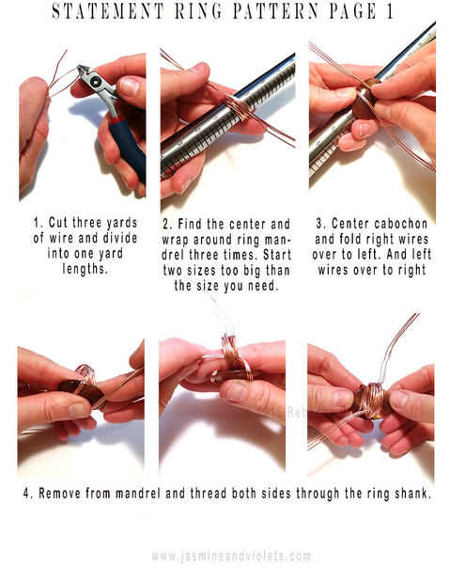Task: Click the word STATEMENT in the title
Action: coord(107,11)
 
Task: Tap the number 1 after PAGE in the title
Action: coord(389,11)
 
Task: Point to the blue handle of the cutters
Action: coord(128,147)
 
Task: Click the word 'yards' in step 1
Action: coord(122,223)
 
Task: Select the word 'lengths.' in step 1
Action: coord(85,268)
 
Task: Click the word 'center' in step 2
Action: coord(247,224)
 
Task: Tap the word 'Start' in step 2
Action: coord(277,255)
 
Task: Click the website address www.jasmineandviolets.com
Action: coord(231,557)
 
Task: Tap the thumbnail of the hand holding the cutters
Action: coord(129,87)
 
